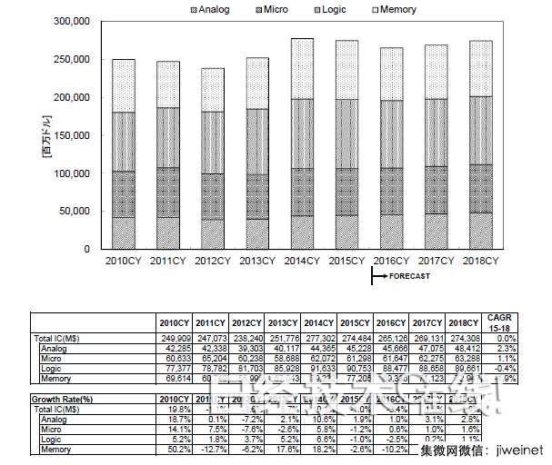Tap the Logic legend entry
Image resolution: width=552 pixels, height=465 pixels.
(x=329, y=9)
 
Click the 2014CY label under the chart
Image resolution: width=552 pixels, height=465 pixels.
(x=299, y=261)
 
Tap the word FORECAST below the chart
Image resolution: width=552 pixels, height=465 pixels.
(x=406, y=277)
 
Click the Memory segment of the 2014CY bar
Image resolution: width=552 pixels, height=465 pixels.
(x=301, y=68)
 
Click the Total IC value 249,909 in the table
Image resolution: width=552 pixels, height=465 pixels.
(x=174, y=337)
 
